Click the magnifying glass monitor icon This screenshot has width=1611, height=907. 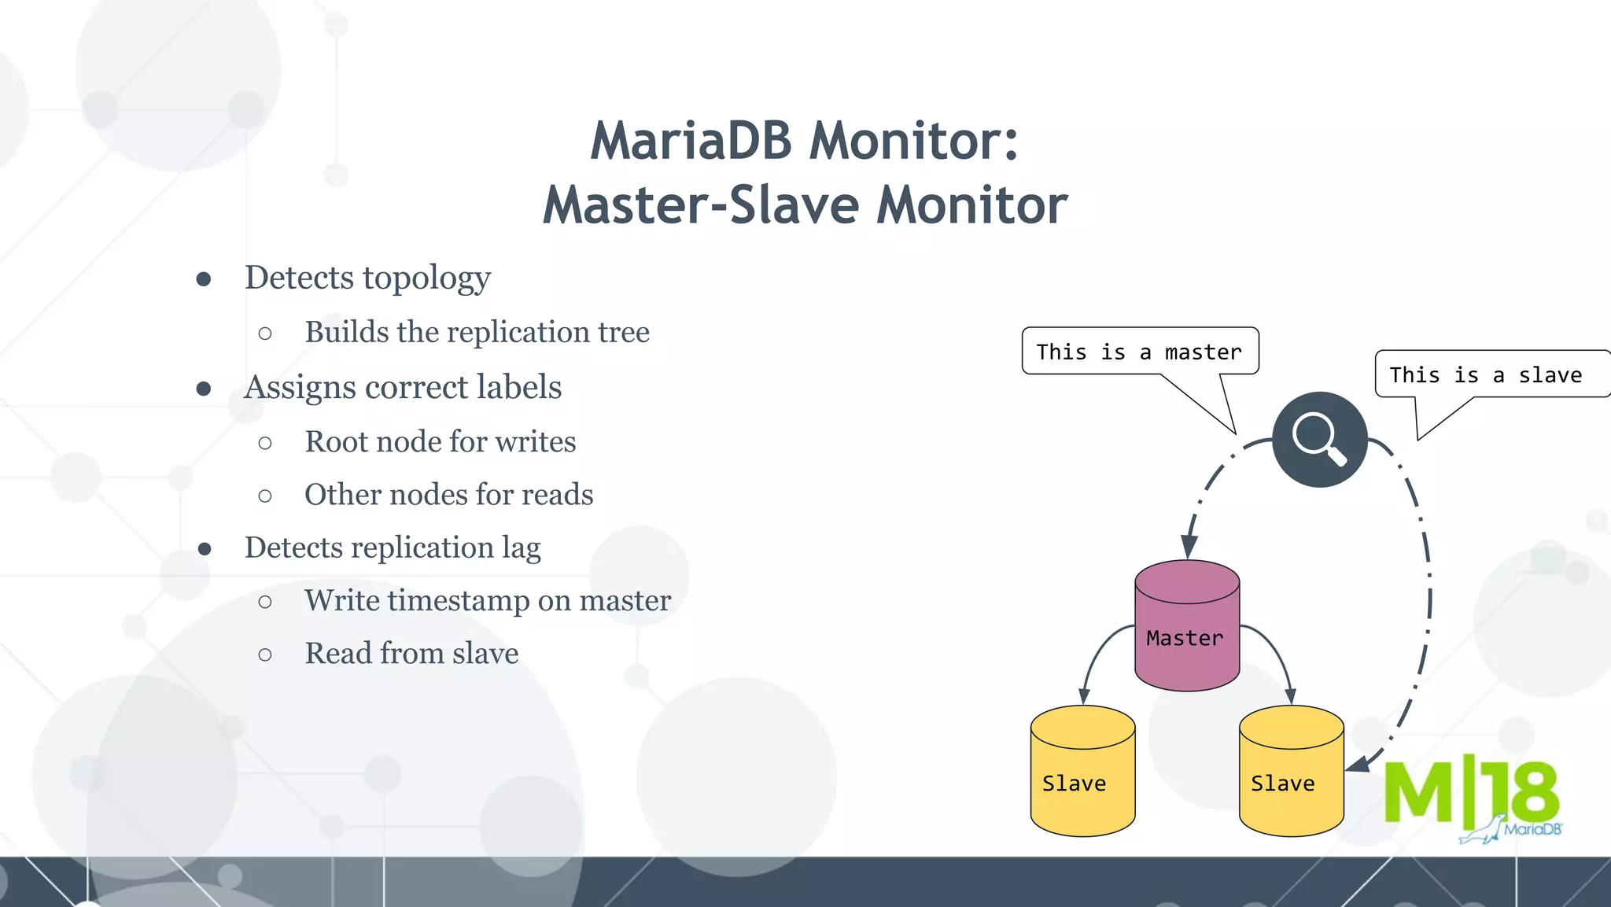click(x=1319, y=439)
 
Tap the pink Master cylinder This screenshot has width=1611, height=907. click(x=1187, y=626)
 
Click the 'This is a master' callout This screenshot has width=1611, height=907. click(x=1139, y=352)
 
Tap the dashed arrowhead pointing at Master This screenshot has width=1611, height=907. click(x=1189, y=546)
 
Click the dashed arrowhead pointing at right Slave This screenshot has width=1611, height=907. click(x=1357, y=764)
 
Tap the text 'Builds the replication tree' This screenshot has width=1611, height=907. click(x=477, y=332)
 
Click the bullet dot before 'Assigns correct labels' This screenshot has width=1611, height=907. click(x=204, y=389)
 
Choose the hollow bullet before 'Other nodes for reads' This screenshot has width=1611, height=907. click(x=265, y=496)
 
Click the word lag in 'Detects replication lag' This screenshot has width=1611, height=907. click(x=521, y=548)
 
